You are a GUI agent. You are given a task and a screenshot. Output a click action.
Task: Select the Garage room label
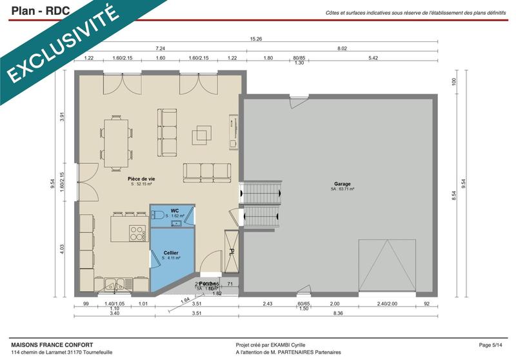[342, 184]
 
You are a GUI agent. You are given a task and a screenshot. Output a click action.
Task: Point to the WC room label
[174, 211]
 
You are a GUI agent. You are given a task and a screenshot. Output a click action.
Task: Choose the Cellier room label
[171, 253]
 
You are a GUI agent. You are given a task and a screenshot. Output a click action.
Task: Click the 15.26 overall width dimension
[256, 39]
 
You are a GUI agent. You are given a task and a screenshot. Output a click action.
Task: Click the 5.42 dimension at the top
[373, 58]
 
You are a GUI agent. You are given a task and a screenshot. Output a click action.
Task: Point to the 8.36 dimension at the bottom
[338, 314]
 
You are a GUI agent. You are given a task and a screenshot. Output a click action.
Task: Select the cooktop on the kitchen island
[137, 232]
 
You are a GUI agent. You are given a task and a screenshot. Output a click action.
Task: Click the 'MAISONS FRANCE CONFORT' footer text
[52, 345]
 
